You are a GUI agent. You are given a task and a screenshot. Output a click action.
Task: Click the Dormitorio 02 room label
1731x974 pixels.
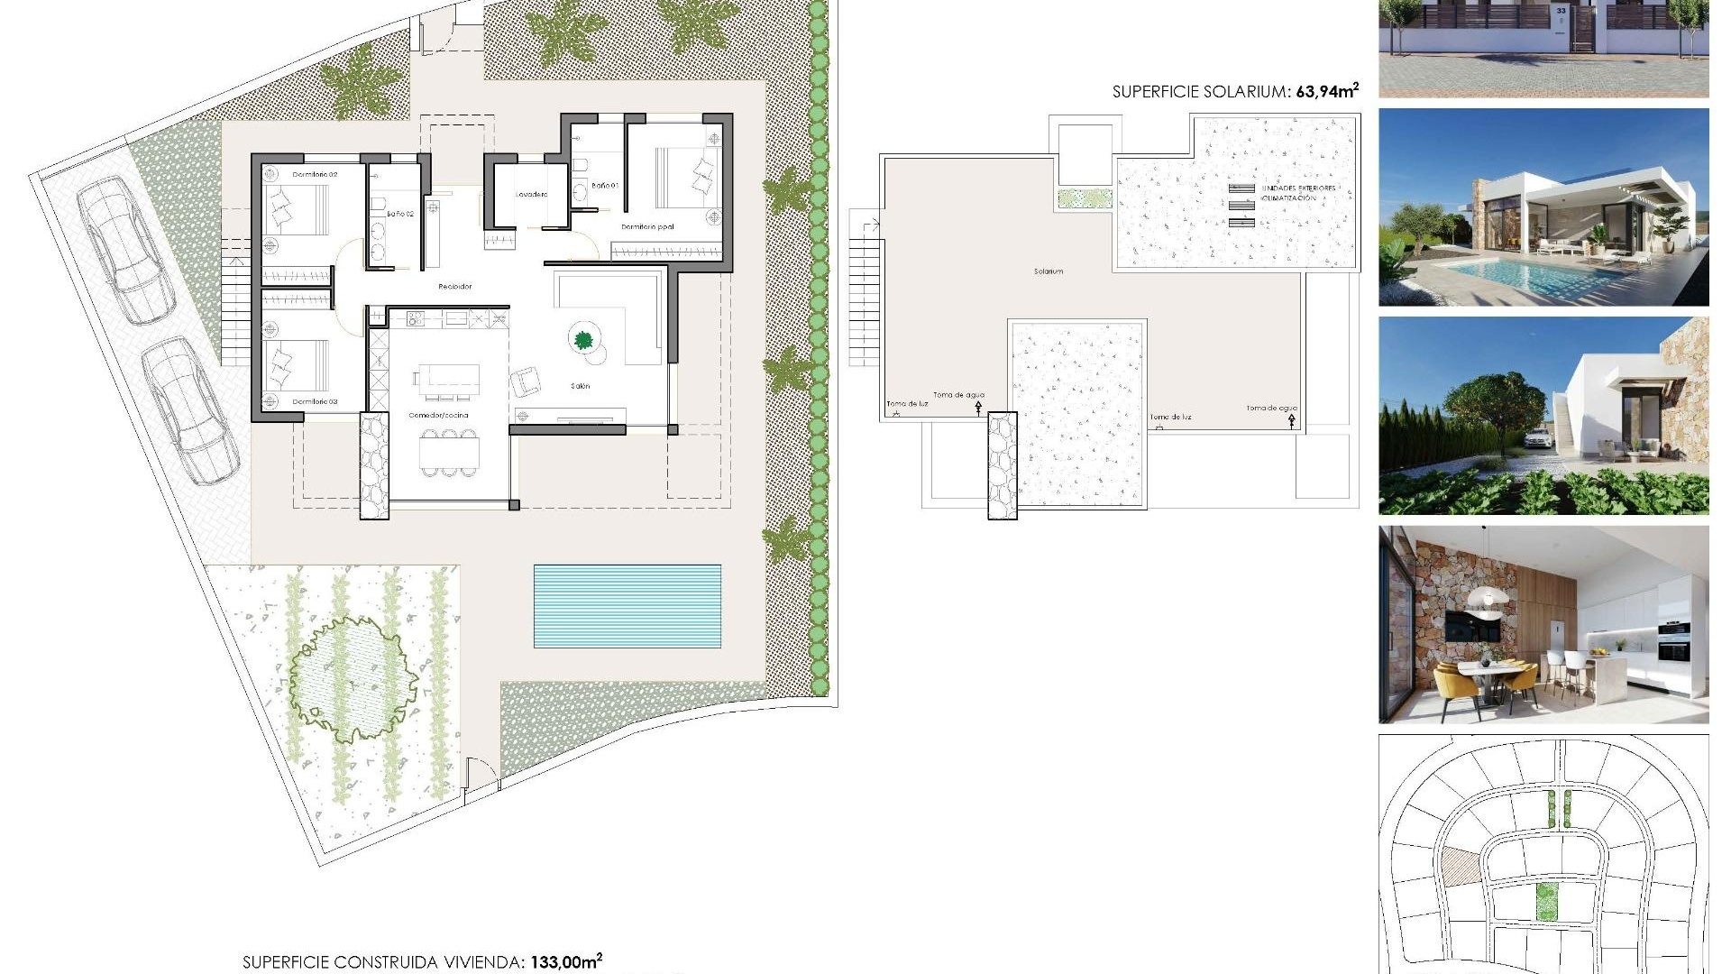315,174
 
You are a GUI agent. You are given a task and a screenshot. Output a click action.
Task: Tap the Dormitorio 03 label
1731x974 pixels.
315,401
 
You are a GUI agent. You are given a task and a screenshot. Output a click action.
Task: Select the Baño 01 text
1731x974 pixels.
605,185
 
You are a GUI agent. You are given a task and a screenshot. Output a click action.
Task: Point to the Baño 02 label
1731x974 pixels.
400,214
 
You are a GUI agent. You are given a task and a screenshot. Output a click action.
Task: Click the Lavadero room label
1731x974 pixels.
531,194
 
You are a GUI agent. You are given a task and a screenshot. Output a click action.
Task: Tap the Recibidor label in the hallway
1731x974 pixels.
454,286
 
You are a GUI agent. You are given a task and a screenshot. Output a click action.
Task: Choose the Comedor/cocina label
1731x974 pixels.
438,416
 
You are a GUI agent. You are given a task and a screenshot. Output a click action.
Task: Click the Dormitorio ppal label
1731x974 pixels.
647,227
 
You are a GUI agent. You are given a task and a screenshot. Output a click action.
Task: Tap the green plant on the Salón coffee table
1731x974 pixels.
583,340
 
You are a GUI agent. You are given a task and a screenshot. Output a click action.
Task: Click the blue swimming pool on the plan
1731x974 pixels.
627,606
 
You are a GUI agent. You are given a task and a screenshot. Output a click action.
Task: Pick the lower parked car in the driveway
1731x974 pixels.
190,410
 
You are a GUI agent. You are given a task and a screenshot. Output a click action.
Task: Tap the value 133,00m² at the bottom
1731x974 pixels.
565,961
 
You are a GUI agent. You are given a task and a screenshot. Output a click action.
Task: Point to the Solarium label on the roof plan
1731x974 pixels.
1049,271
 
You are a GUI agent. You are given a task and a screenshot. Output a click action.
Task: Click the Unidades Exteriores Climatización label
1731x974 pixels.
1297,193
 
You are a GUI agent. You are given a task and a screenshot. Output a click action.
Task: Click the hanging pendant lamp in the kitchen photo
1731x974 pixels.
1487,599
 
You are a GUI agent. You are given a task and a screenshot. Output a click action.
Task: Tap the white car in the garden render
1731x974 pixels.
1538,439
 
